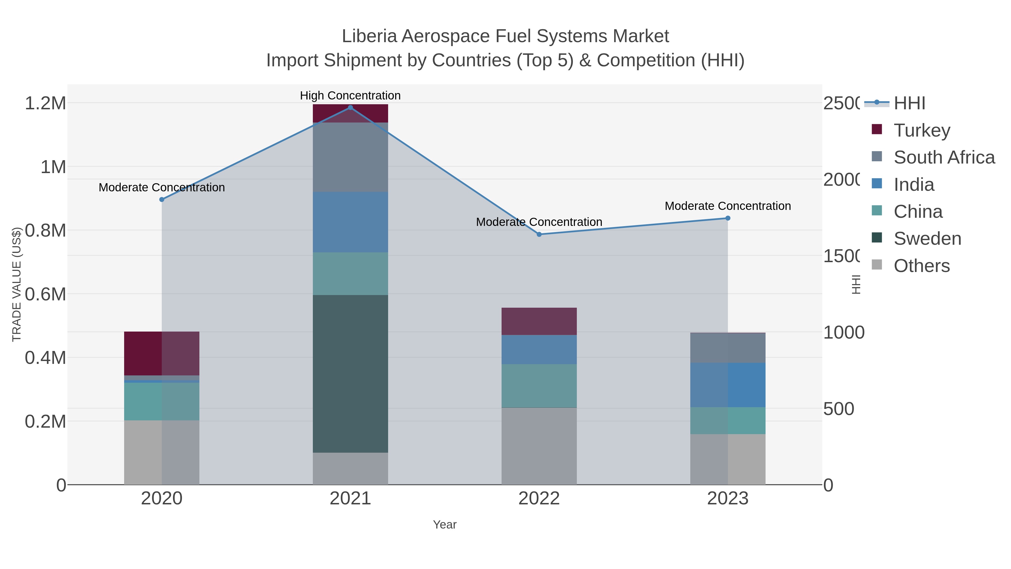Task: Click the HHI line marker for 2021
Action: pyautogui.click(x=350, y=108)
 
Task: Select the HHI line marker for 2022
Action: pyautogui.click(x=539, y=234)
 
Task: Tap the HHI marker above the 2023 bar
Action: pyautogui.click(x=728, y=218)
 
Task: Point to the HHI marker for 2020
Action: pyautogui.click(x=162, y=200)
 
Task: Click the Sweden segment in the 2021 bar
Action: pyautogui.click(x=350, y=373)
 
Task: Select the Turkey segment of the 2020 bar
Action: pyautogui.click(x=162, y=353)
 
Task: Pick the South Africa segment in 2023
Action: pyautogui.click(x=728, y=348)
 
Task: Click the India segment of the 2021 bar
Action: pyautogui.click(x=350, y=222)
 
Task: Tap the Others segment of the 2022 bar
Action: pyautogui.click(x=539, y=446)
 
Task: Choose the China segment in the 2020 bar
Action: pyautogui.click(x=162, y=401)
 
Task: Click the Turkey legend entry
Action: pyautogui.click(x=921, y=130)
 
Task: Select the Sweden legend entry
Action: pyautogui.click(x=927, y=239)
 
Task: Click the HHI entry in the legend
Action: pyautogui.click(x=909, y=103)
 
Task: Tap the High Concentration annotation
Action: pyautogui.click(x=350, y=96)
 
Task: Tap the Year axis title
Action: pyautogui.click(x=445, y=525)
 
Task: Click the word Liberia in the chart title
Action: pyautogui.click(x=369, y=36)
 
